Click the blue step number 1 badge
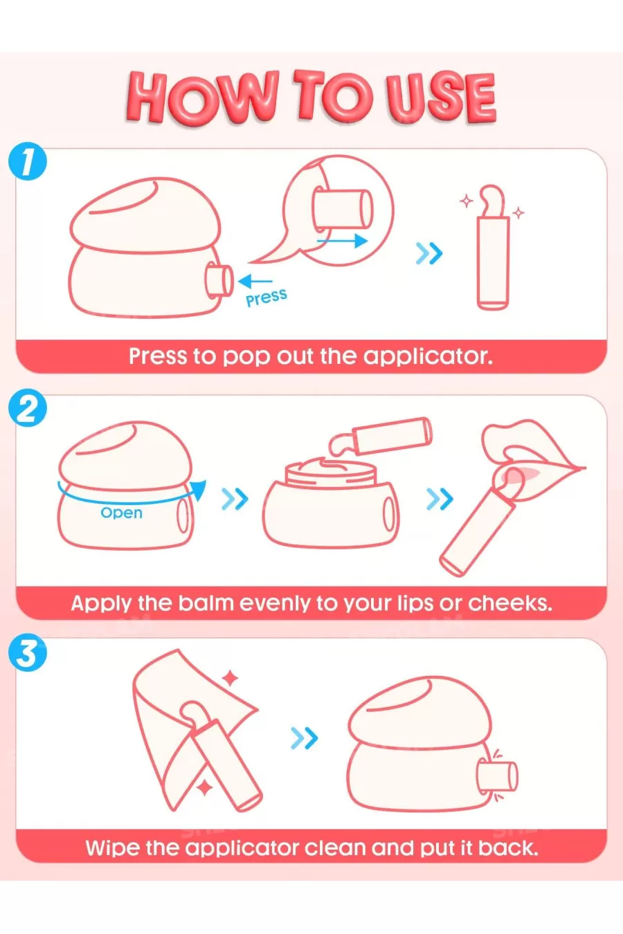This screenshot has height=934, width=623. (28, 161)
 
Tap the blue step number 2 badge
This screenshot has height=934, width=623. (28, 408)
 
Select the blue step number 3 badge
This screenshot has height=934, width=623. (28, 652)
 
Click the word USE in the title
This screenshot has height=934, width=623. (440, 98)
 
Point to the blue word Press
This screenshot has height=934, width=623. (267, 297)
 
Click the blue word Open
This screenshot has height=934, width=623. (121, 513)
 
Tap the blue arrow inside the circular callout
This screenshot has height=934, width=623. (342, 241)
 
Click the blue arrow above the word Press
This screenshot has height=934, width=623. (255, 281)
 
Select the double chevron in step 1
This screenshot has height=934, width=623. (429, 253)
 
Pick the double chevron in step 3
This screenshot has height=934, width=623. (304, 738)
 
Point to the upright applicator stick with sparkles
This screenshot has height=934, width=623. (493, 247)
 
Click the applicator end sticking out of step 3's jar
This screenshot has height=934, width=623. (498, 776)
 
